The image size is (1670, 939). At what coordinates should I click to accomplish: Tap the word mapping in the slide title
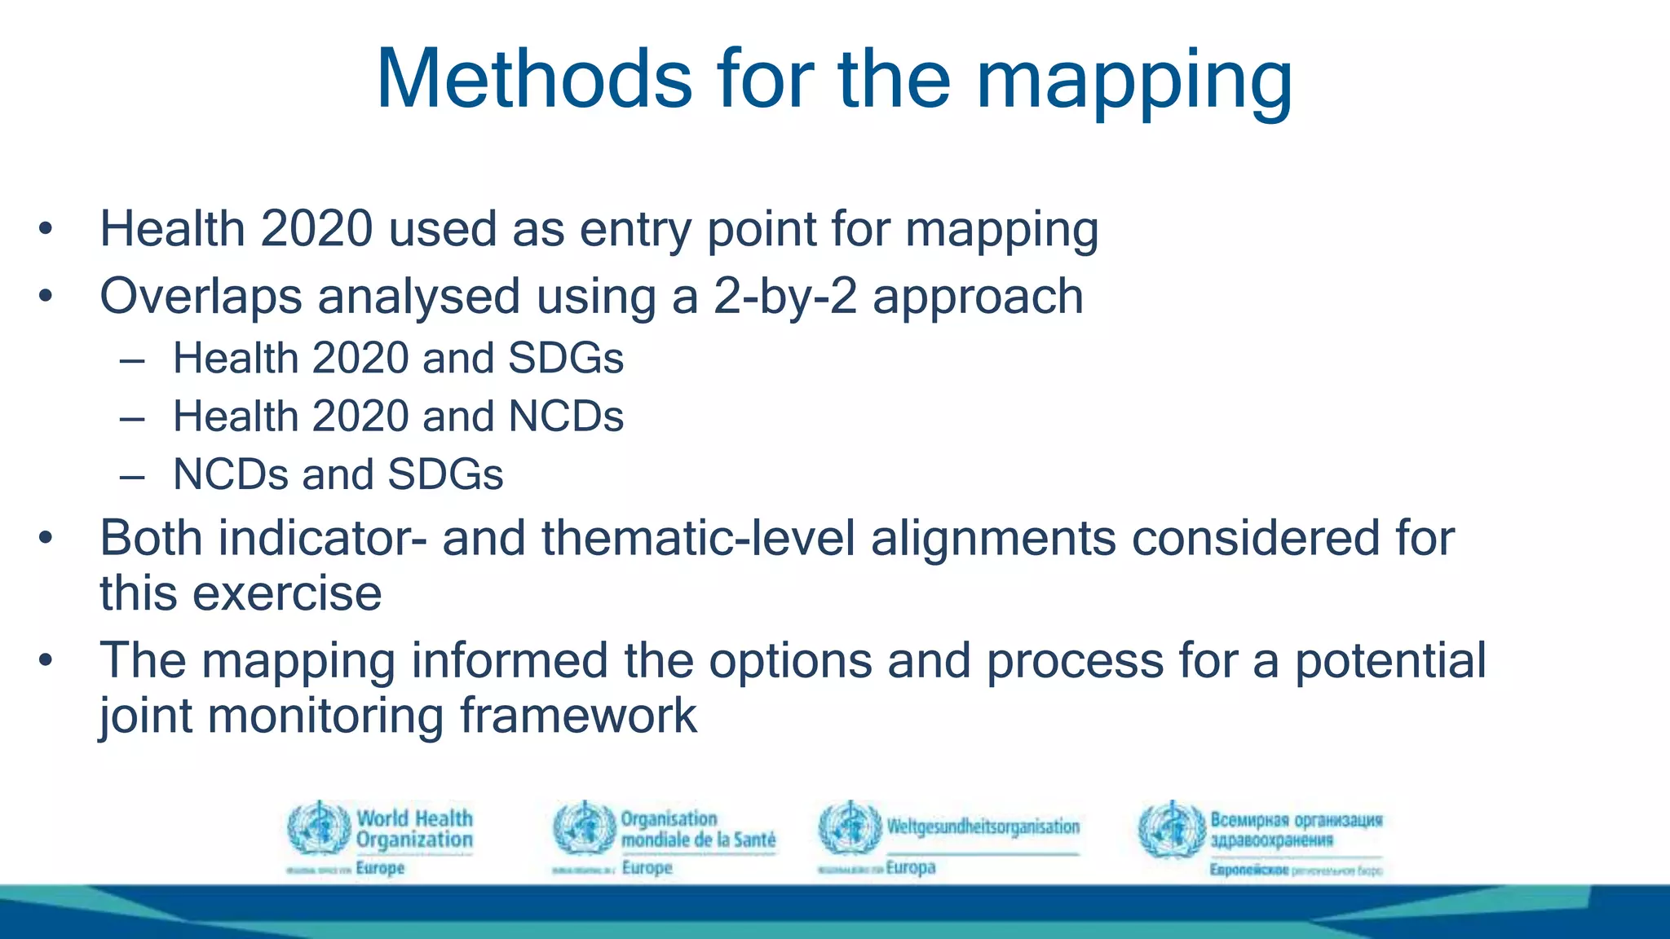pyautogui.click(x=1134, y=82)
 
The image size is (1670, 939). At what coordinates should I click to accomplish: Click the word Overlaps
pyautogui.click(x=201, y=297)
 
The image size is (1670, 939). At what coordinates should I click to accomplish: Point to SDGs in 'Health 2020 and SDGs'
pyautogui.click(x=565, y=359)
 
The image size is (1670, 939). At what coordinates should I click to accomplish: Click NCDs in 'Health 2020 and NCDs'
pyautogui.click(x=565, y=417)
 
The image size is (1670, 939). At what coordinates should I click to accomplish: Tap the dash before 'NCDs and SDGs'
pyautogui.click(x=132, y=475)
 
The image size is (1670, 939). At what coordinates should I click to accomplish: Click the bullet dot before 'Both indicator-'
pyautogui.click(x=46, y=538)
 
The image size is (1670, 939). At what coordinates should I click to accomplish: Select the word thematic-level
pyautogui.click(x=698, y=539)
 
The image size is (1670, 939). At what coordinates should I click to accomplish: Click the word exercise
pyautogui.click(x=287, y=593)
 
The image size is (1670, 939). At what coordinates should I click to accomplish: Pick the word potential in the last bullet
pyautogui.click(x=1390, y=660)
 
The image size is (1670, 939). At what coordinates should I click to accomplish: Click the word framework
pyautogui.click(x=578, y=716)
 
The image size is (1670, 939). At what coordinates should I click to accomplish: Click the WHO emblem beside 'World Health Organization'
pyautogui.click(x=319, y=828)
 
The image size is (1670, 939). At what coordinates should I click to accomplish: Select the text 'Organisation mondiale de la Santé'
pyautogui.click(x=697, y=829)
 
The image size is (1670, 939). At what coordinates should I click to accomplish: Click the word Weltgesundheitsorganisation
pyautogui.click(x=983, y=827)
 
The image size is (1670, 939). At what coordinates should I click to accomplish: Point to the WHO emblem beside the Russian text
pyautogui.click(x=1171, y=830)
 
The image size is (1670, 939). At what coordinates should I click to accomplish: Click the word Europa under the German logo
pyautogui.click(x=910, y=867)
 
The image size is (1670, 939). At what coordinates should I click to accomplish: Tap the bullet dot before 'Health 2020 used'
pyautogui.click(x=46, y=229)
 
